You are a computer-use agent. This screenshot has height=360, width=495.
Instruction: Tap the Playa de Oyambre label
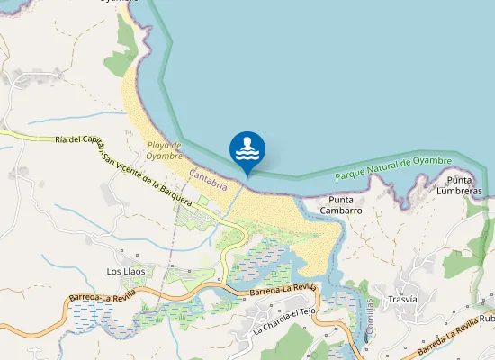pyautogui.click(x=165, y=149)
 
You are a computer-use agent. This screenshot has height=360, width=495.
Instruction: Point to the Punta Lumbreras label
pyautogui.click(x=459, y=185)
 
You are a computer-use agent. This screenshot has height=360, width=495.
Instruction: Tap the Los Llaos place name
pyautogui.click(x=126, y=271)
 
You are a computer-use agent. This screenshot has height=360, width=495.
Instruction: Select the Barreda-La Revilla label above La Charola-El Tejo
pyautogui.click(x=283, y=290)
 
